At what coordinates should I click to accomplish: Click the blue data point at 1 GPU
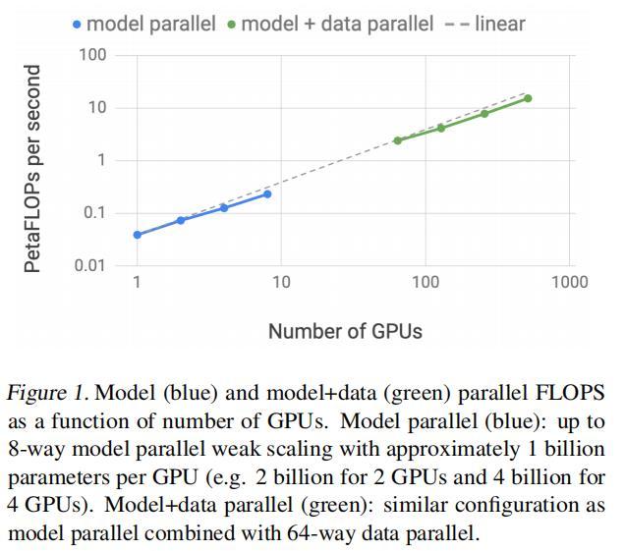(x=138, y=235)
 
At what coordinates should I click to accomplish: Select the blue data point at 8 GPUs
(x=267, y=194)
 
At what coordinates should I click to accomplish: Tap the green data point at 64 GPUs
(x=398, y=140)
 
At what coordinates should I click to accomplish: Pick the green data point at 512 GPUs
(x=528, y=98)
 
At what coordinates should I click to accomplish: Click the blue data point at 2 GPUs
(x=181, y=220)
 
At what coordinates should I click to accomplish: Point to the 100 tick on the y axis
(x=92, y=54)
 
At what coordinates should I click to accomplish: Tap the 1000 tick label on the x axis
(x=569, y=283)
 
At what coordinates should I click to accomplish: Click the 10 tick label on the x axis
(x=281, y=283)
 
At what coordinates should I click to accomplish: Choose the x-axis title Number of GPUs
(x=345, y=331)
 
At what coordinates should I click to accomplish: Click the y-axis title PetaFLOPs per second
(x=33, y=169)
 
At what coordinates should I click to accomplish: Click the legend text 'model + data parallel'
(x=336, y=24)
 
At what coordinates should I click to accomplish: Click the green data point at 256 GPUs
(x=484, y=114)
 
